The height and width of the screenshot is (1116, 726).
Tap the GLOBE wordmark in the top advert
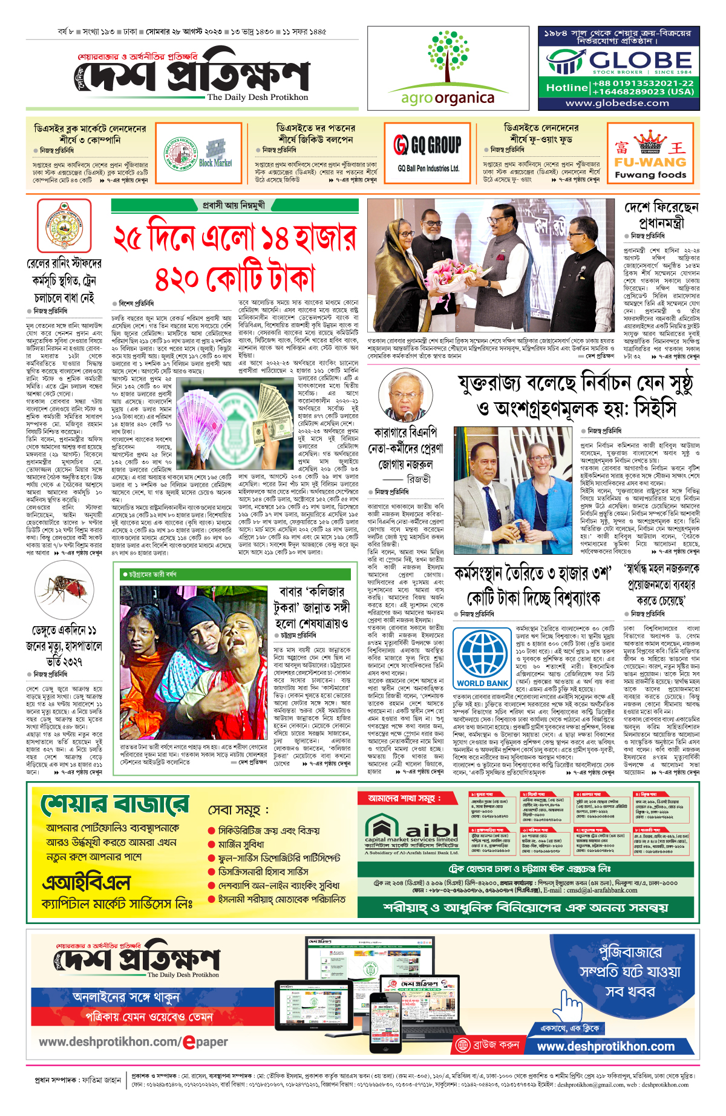click(640, 61)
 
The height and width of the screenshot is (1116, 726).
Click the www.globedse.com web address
click(617, 103)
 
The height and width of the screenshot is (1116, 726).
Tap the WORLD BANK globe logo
click(482, 653)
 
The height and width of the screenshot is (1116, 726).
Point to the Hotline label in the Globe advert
click(567, 88)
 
